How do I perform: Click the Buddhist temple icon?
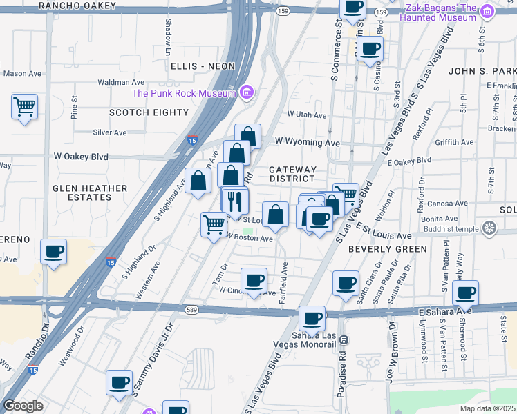click(x=489, y=228)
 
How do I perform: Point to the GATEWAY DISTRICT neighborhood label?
click(x=292, y=174)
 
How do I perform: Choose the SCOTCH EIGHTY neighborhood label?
click(x=139, y=111)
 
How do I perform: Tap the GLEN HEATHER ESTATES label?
click(x=91, y=193)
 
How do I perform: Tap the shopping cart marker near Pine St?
click(x=24, y=107)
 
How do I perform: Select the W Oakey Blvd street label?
click(x=82, y=157)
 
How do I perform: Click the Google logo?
click(x=23, y=406)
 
